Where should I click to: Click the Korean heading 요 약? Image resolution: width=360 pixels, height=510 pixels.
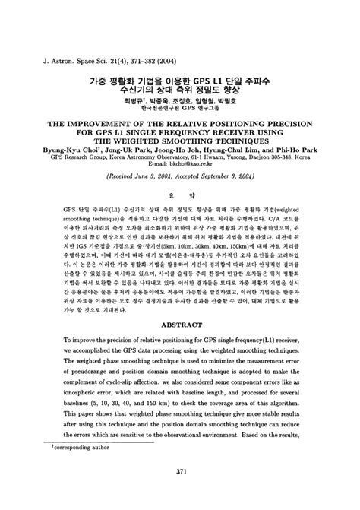(x=180, y=215)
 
